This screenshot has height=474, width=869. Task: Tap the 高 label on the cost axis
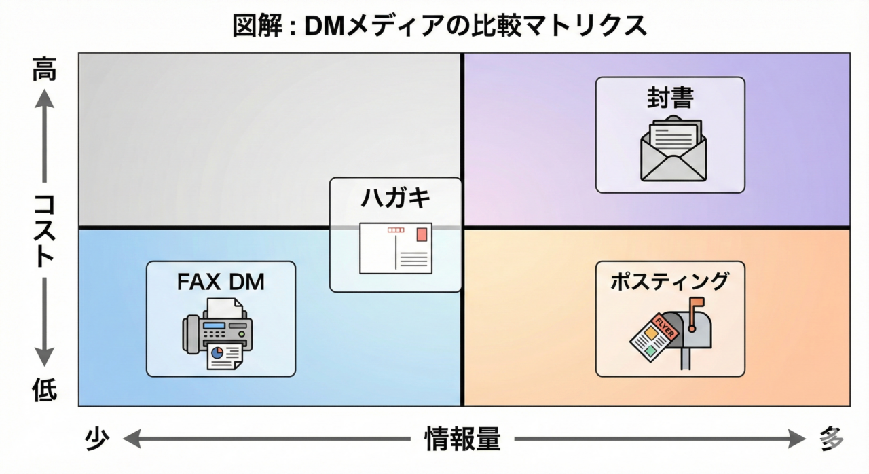coord(44,70)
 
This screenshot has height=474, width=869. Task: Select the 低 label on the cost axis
coord(44,390)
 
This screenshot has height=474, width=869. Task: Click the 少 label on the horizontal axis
coord(97,440)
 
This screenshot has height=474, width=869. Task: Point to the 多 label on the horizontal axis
coord(829,440)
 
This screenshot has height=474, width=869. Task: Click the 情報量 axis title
coord(462,440)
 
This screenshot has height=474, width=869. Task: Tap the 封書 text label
coord(670,98)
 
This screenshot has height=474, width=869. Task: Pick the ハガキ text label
coord(395,199)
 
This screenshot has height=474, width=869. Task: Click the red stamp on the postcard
coord(422,234)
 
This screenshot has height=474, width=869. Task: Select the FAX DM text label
coord(221,282)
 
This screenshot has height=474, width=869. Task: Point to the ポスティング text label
coord(669,281)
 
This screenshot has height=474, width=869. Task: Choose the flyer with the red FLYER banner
coord(650,336)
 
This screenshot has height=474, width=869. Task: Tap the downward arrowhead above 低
coord(44,358)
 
